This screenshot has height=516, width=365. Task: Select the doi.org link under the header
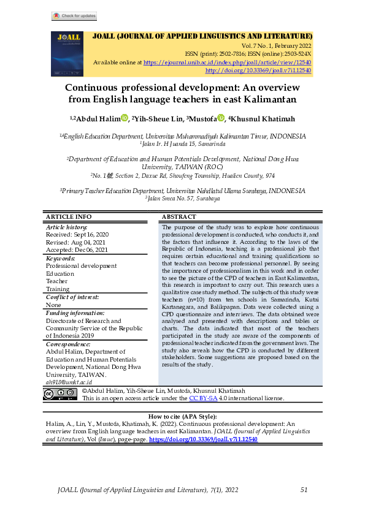[x=258, y=70]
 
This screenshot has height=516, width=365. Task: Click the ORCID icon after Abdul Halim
[x=125, y=118]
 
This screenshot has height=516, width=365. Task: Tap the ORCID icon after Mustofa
[x=221, y=118]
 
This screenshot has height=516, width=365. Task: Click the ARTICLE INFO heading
[x=69, y=217]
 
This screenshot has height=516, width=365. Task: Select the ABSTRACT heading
[x=179, y=217]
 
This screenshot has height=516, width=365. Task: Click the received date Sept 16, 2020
[x=77, y=235]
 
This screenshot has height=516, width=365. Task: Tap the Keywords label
[x=63, y=259]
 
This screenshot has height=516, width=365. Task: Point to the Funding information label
[x=75, y=313]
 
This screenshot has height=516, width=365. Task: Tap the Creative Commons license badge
[x=60, y=394]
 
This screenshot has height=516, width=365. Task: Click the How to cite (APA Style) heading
[x=183, y=417]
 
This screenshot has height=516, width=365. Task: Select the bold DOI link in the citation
[x=202, y=439]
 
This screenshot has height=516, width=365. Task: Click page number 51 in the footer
[x=304, y=490]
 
